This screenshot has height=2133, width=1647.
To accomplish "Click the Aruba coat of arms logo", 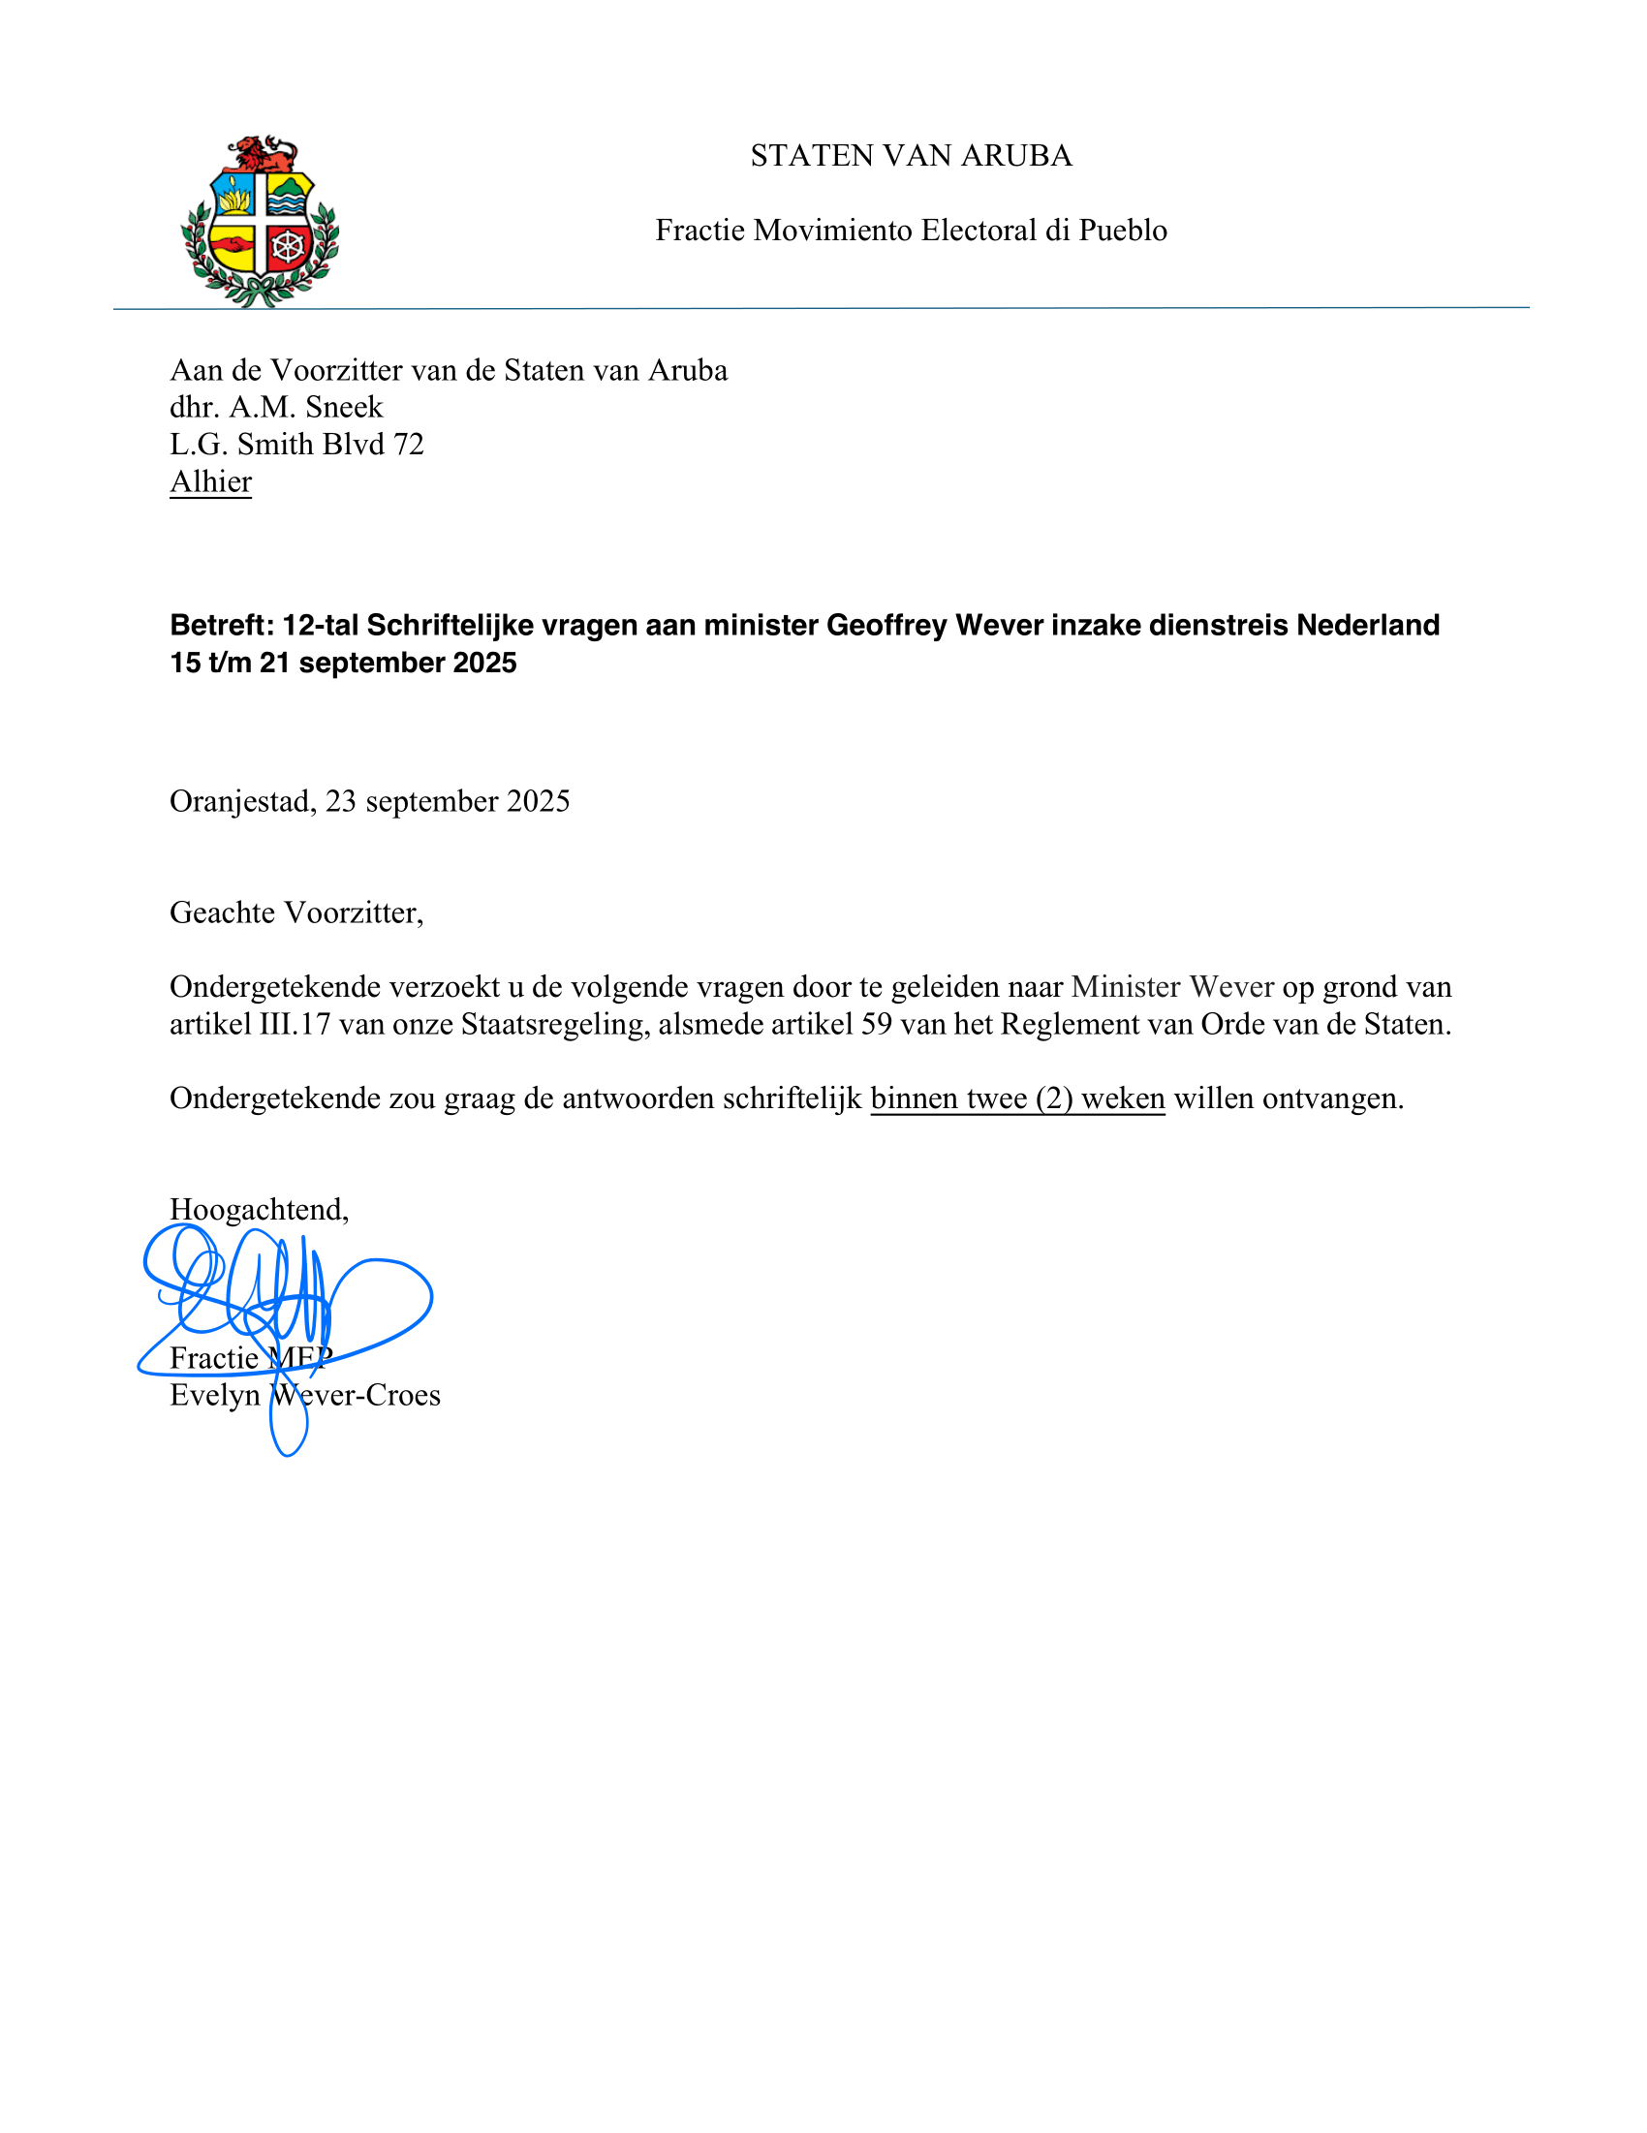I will tap(260, 222).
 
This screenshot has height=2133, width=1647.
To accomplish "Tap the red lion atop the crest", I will tap(262, 154).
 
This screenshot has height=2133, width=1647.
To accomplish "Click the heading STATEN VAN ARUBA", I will tap(911, 155).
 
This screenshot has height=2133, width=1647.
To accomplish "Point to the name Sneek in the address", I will tap(344, 406).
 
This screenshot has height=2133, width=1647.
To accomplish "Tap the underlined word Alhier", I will tap(211, 481).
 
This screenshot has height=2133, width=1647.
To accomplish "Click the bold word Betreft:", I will tap(222, 625).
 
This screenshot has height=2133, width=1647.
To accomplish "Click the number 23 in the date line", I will tap(341, 801).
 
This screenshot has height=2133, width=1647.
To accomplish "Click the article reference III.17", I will tap(295, 1024).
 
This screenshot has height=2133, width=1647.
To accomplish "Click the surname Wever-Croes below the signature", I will tap(356, 1395).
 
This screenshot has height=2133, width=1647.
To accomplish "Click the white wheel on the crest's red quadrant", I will tap(289, 245).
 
